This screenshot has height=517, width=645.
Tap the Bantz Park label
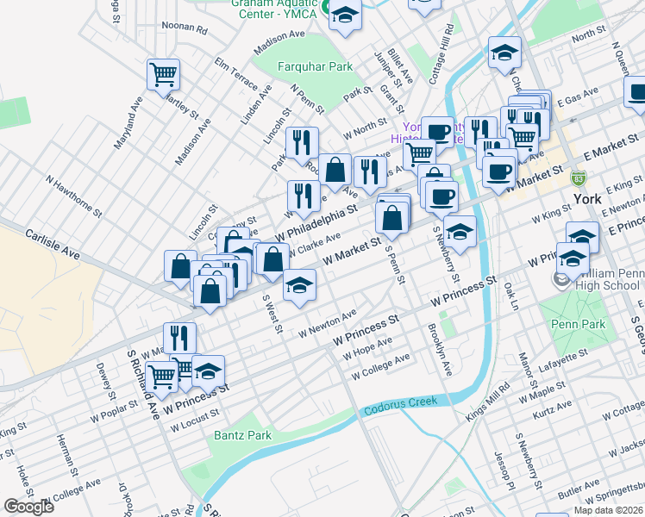[x=242, y=436]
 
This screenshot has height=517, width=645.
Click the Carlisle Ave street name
[x=52, y=244]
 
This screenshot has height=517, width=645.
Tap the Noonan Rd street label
[x=190, y=29]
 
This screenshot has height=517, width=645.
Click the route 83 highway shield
[x=579, y=178]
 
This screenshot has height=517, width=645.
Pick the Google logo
[x=29, y=507]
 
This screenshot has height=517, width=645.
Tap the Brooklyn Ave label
[x=439, y=350]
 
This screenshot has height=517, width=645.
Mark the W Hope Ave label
[x=366, y=349]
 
